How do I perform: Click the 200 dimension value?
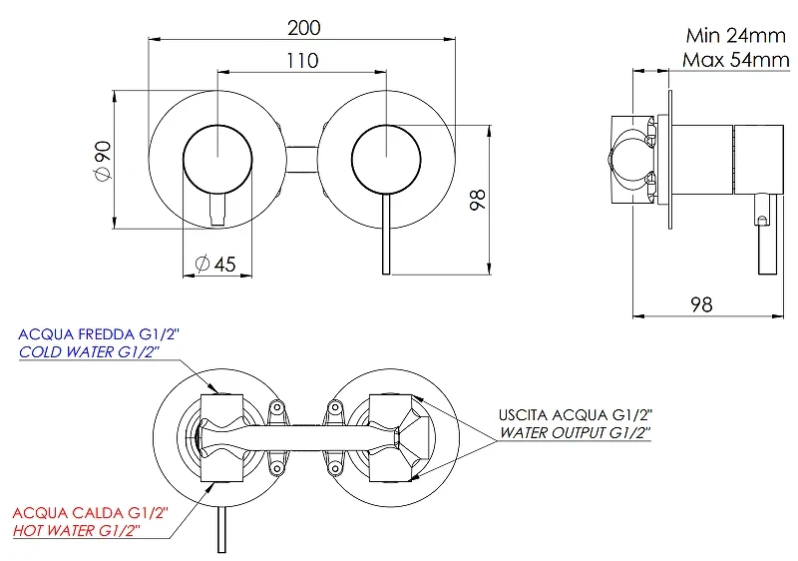pos(304,28)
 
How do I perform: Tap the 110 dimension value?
pos(302,61)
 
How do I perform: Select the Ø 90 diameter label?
pos(103,161)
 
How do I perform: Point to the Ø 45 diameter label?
pos(215,264)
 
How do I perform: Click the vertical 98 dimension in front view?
pos(478,200)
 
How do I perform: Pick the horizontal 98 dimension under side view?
pos(701,304)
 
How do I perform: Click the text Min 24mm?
pos(736,35)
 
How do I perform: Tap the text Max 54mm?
pos(736,60)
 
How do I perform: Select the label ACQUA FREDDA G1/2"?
pos(99,334)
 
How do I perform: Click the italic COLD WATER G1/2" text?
pos(90,351)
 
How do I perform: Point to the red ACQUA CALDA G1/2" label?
pos(90,513)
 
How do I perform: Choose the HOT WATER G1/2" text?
pos(77,530)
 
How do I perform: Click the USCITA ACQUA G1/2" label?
pos(576,415)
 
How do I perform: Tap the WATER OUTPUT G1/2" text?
pos(576,432)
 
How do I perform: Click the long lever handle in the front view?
pos(386,235)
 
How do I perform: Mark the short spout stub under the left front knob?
pos(217,210)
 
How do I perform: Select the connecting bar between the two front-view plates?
pos(302,160)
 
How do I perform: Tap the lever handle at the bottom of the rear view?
pos(221,529)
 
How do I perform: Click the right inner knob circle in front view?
pos(386,125)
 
